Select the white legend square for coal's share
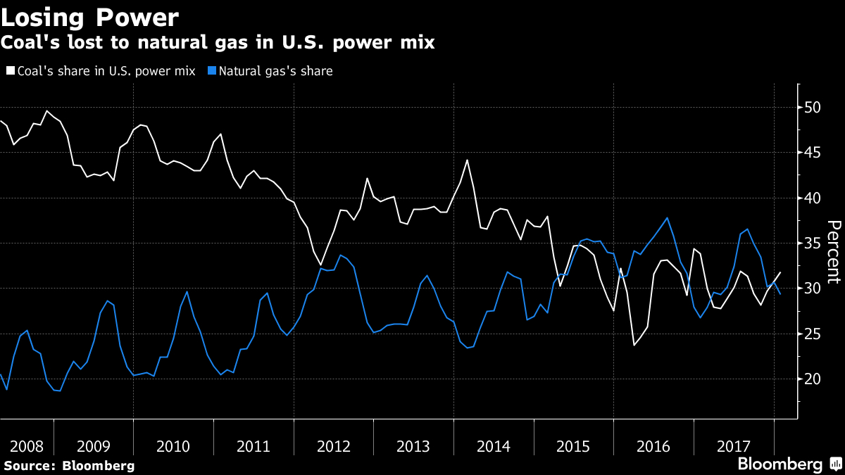click(9, 71)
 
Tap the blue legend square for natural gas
click(212, 71)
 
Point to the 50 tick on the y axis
click(813, 108)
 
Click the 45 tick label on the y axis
click(813, 153)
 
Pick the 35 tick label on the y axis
click(813, 243)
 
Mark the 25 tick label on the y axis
click(813, 334)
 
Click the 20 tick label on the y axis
click(813, 379)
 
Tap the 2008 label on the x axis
click(27, 446)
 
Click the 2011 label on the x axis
click(254, 446)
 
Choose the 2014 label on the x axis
click(493, 446)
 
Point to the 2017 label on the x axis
click(733, 446)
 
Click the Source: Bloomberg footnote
click(68, 465)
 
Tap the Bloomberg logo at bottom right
click(780, 464)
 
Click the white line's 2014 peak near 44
click(467, 160)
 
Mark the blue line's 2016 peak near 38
click(666, 217)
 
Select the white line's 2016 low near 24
click(634, 345)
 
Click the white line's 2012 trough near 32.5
click(320, 265)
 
